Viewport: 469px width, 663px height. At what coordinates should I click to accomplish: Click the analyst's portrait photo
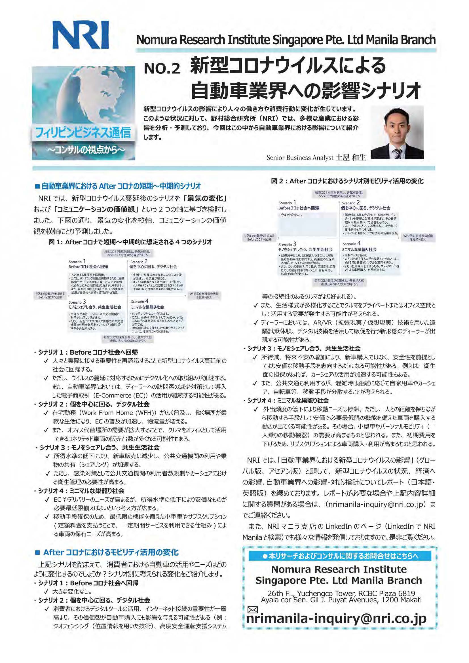click(397, 132)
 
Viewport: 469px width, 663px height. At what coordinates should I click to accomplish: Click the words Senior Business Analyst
click(300, 158)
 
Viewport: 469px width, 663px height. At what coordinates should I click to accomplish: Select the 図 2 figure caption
click(347, 181)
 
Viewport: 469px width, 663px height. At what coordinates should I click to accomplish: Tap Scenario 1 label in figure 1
click(77, 262)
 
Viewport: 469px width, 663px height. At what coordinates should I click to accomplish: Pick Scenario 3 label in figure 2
click(287, 244)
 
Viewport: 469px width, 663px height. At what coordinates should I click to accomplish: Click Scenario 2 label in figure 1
click(139, 262)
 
